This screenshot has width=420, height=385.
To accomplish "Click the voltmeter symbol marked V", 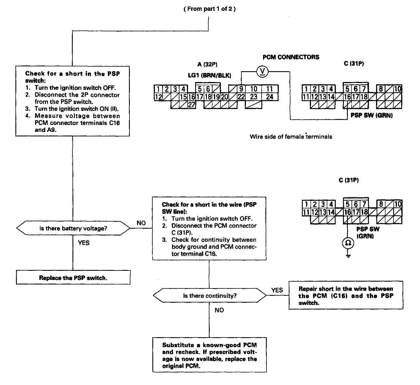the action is [262, 72].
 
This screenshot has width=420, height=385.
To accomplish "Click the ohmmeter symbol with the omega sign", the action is [348, 243].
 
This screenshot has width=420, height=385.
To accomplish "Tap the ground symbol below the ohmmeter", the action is [348, 256].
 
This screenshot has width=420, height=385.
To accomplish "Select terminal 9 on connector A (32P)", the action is [241, 89].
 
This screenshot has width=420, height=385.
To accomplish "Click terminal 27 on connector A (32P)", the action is [191, 105].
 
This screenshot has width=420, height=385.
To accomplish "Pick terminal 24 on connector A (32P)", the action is [270, 97].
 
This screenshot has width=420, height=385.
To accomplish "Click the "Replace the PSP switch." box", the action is [73, 277].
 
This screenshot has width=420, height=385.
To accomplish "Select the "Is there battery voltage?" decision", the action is [73, 228].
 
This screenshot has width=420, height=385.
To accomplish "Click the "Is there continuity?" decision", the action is [210, 295].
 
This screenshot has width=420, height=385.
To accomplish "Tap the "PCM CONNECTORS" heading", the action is [291, 57].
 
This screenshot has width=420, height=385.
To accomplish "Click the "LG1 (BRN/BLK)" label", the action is [209, 75].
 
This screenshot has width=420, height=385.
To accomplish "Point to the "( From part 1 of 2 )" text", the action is [210, 9].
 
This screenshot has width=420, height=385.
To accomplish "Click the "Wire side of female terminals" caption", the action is [291, 137].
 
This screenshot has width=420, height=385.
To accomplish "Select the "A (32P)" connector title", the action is [207, 64].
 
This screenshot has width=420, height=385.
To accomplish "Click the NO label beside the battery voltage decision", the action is [141, 223].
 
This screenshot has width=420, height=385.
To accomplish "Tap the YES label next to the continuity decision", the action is [277, 290].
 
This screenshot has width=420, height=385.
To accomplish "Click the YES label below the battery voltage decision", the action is [84, 243].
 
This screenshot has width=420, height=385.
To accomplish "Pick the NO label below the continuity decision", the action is [219, 310].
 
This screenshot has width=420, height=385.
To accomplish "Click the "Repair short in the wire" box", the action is [346, 295].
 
